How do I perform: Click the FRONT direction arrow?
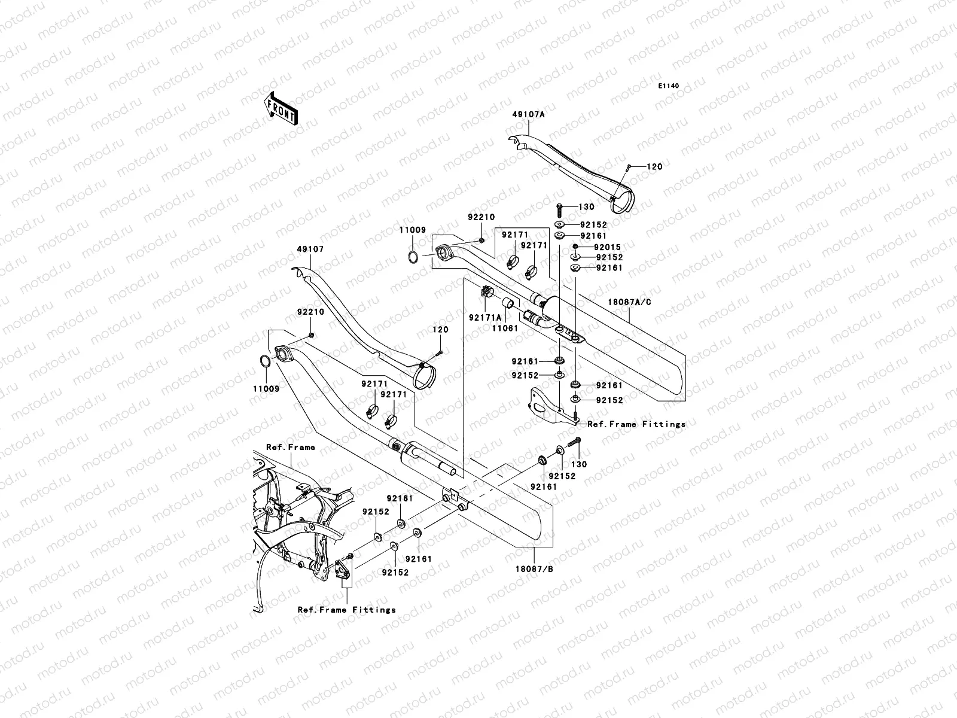pos(281,108)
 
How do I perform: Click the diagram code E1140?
pos(668,86)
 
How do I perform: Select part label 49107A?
pos(528,115)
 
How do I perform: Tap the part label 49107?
pos(310,250)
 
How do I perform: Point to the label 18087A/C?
pos(630,302)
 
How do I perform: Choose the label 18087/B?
pos(534,569)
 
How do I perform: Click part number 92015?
pos(607,247)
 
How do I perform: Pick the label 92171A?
pos(485,318)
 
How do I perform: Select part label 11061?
pos(505,328)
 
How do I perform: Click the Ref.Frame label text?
pos(290,448)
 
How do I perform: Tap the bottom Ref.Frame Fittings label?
pos(346,610)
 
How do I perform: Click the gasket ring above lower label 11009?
pos(264,361)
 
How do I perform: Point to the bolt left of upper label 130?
pos(560,211)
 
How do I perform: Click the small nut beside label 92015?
pos(575,247)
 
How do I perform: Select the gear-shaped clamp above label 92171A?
pos(486,291)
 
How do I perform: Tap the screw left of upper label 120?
pos(629,168)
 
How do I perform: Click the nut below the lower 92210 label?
pos(311,335)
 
